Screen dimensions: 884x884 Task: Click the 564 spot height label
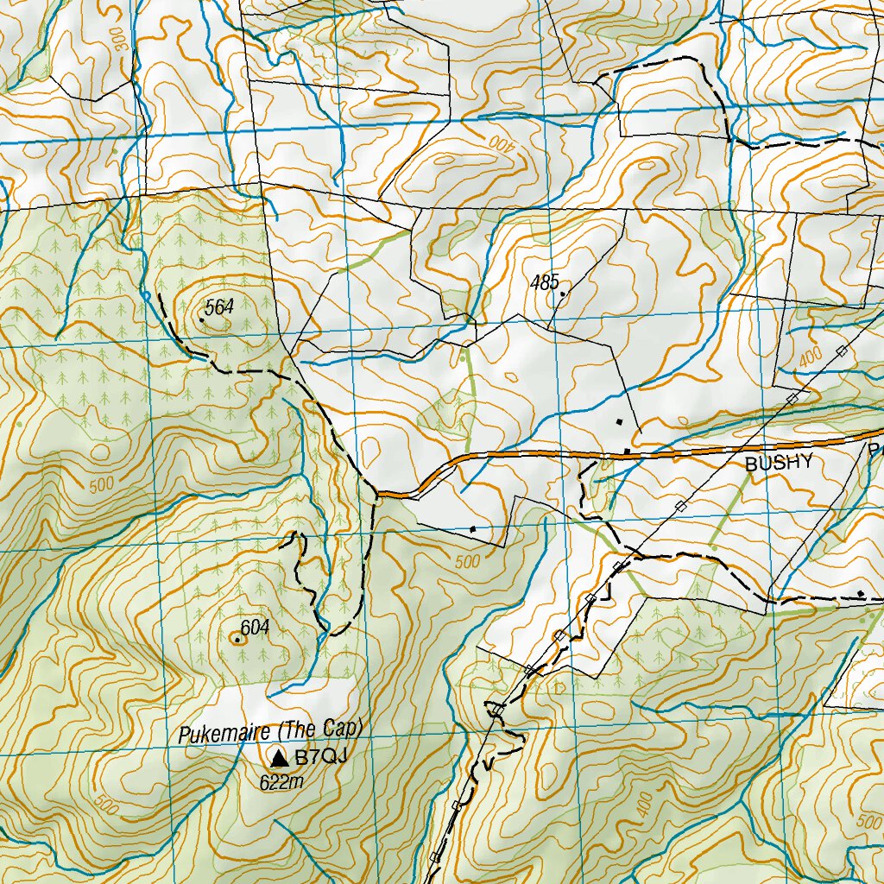tap(220, 305)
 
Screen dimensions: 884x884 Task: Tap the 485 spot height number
tap(545, 281)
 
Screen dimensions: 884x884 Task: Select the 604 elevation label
tap(256, 628)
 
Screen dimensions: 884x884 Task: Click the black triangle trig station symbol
tap(278, 759)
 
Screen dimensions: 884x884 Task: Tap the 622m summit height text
tap(282, 782)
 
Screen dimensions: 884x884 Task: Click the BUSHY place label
tap(779, 464)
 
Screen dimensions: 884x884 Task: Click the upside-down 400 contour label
tap(504, 143)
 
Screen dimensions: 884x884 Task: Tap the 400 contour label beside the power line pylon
tap(810, 358)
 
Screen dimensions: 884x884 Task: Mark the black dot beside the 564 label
tap(201, 320)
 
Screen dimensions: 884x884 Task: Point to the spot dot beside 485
tap(563, 294)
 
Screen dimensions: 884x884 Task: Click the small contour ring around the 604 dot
tap(237, 639)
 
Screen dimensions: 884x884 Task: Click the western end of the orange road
tap(380, 495)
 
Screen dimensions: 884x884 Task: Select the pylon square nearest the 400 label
tap(840, 350)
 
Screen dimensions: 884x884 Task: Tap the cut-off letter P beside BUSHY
tap(876, 450)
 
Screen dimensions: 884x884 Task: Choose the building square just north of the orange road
tap(619, 421)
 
